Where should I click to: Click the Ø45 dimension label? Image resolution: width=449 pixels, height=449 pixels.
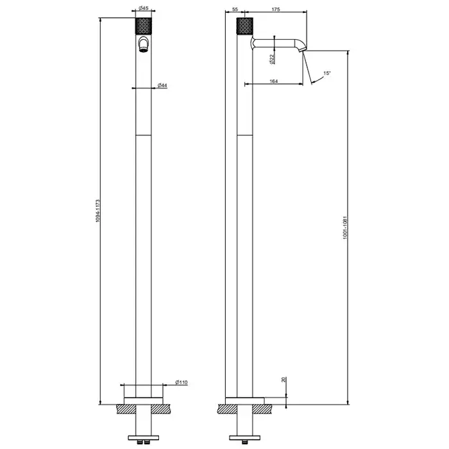pos(144,8)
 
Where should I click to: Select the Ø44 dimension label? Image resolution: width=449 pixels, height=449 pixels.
pos(162,85)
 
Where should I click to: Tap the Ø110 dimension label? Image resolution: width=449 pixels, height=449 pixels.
pos(182,382)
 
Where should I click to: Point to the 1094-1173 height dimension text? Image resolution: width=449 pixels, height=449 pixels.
pos(97,211)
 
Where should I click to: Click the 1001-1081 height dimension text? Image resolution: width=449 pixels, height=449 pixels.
pos(345,228)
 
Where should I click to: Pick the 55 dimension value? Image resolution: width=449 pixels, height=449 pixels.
pos(235,9)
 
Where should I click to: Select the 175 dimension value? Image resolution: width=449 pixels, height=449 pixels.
pos(275,9)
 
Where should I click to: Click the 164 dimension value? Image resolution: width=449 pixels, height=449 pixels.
pos(274,81)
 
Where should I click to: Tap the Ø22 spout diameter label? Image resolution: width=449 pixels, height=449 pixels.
pos(272,59)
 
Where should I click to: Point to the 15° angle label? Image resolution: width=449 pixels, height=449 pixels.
pos(327,73)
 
